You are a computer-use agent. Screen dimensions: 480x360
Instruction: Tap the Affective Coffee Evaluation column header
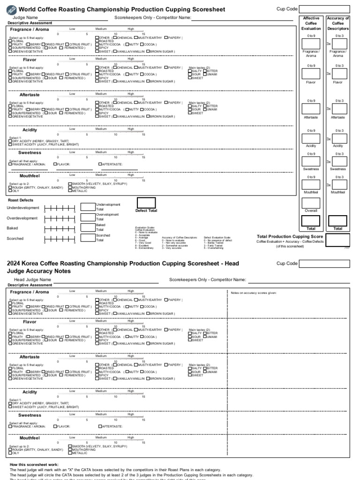click(x=311, y=23)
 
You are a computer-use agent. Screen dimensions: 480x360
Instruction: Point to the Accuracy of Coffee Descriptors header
click(x=338, y=23)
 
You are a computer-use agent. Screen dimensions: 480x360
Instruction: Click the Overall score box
click(x=311, y=203)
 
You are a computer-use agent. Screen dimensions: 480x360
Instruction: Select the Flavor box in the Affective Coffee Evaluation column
click(x=311, y=74)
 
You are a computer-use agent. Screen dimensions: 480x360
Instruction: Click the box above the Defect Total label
click(x=146, y=202)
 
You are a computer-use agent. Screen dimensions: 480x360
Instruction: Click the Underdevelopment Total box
click(x=88, y=207)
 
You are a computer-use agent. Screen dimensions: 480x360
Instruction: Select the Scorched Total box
click(x=88, y=238)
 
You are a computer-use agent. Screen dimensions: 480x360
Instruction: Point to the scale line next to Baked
click(x=59, y=229)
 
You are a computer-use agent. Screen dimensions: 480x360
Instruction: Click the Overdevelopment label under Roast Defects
click(x=22, y=218)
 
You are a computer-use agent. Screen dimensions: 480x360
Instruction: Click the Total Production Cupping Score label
click(x=290, y=236)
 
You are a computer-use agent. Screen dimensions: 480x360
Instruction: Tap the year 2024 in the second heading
click(x=15, y=263)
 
